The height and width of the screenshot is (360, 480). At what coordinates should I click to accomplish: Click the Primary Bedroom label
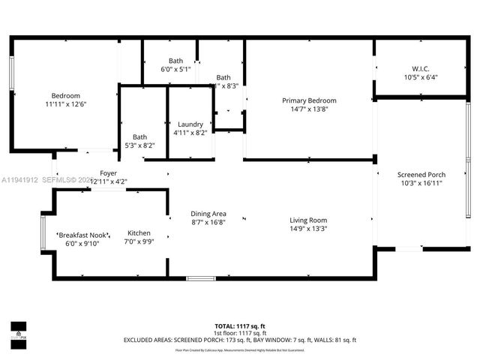point(309,100)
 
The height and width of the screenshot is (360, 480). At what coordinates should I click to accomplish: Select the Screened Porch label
point(421,175)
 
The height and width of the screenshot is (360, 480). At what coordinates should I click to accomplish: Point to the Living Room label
point(309,220)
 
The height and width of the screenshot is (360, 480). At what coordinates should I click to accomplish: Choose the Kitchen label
point(140,232)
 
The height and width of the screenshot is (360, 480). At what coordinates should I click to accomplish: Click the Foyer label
point(108,173)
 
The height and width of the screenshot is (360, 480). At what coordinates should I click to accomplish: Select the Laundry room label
point(190,124)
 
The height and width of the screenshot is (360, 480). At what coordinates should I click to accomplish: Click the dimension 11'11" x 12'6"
point(66,105)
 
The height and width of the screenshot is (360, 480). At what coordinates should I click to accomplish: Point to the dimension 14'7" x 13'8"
point(309,109)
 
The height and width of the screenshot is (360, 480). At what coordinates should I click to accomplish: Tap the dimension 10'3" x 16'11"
point(421,184)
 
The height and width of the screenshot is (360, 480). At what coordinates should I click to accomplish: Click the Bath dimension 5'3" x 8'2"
point(140,145)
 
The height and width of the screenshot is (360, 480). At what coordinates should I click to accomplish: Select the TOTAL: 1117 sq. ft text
point(240,326)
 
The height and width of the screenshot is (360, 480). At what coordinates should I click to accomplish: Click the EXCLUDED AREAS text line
point(240,340)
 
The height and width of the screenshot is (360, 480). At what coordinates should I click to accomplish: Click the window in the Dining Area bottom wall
point(200,279)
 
